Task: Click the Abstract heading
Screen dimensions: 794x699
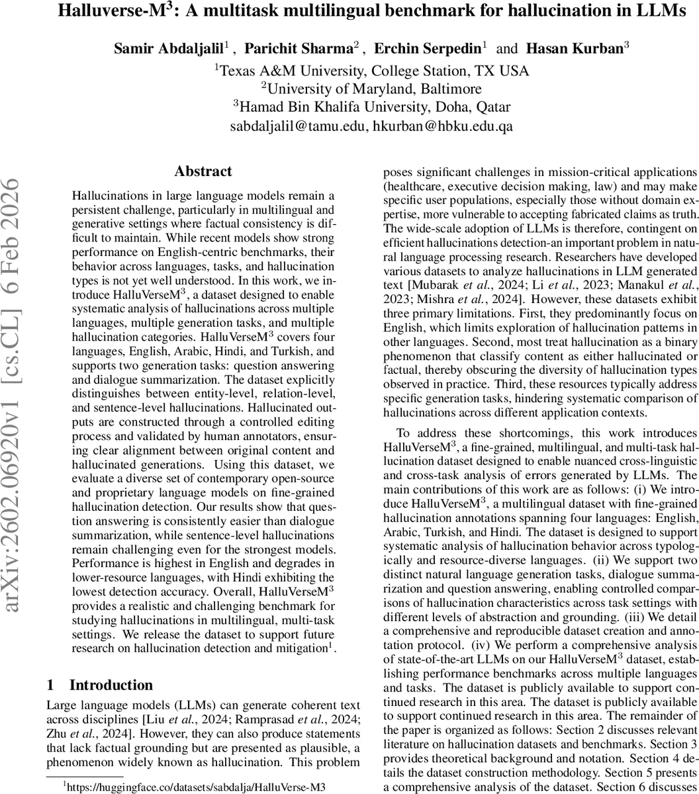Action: pos(203,171)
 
